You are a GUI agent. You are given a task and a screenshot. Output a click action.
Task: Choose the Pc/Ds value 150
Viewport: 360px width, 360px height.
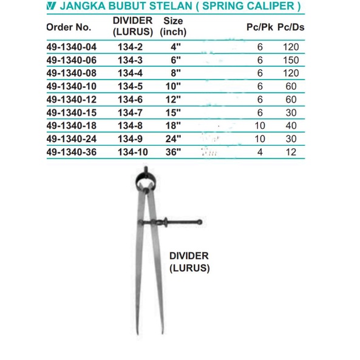pos(291,59)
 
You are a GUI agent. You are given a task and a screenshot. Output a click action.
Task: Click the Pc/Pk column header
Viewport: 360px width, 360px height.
pos(259,27)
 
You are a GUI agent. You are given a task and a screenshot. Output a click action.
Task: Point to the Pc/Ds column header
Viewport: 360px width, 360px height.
pos(291,27)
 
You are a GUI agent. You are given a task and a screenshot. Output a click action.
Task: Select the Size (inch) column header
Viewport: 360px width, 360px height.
pos(174,25)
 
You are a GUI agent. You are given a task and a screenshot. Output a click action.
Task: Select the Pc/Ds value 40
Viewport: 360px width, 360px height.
pos(291,126)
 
